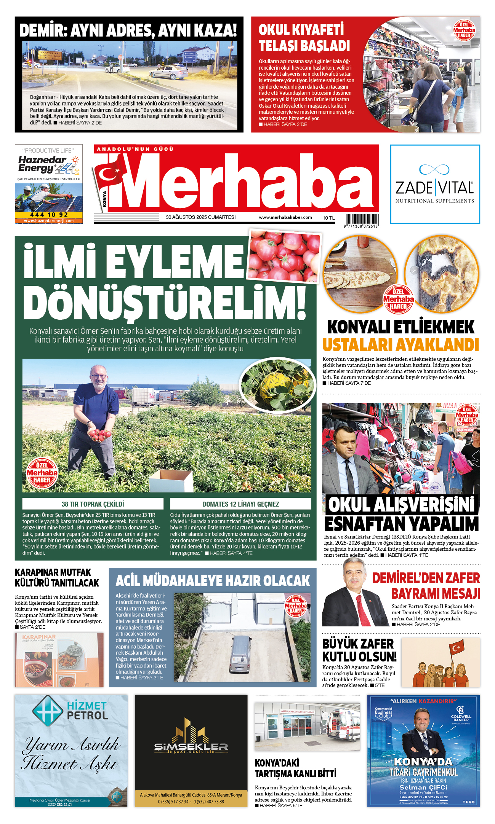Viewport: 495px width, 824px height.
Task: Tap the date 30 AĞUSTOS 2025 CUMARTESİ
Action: coord(200,217)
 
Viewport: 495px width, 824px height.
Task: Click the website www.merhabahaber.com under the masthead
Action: coord(285,217)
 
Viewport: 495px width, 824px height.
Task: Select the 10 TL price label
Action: coord(328,218)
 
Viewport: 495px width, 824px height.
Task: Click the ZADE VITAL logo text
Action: coord(434,188)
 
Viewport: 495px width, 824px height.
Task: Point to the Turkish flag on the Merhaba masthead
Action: coord(110,175)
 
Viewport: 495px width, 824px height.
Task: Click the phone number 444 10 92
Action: coord(49,215)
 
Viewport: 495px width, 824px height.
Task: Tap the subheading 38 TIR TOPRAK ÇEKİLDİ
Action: coord(93,504)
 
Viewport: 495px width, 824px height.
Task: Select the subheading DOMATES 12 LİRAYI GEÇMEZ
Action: coord(240,504)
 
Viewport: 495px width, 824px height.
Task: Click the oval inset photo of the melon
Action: coord(278,385)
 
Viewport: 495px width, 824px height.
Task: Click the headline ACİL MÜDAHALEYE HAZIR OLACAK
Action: coord(213,581)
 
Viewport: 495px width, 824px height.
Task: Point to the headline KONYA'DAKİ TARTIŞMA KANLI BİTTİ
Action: coord(295,768)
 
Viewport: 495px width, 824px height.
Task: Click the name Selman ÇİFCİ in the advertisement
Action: coord(423,787)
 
